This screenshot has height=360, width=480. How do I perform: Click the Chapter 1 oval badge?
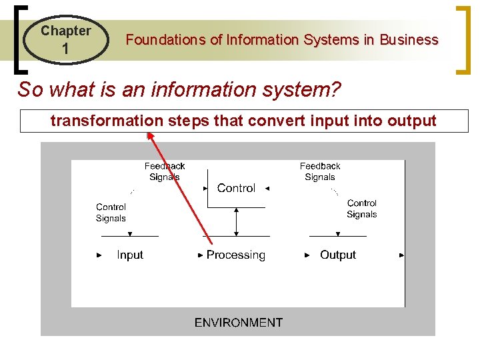point(65,39)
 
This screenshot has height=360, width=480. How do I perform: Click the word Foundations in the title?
point(165,40)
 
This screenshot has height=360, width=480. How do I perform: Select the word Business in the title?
point(409,40)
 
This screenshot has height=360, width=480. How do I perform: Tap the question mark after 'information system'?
point(335,89)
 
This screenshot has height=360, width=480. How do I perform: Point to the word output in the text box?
point(413,121)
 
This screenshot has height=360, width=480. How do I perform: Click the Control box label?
point(236,188)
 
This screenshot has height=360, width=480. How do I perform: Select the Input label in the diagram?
point(129,255)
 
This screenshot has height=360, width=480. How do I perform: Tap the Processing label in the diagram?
point(235,255)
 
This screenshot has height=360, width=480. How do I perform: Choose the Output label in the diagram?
point(337,255)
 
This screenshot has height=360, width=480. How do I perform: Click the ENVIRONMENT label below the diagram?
point(238,323)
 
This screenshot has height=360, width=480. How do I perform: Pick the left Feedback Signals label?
point(165,171)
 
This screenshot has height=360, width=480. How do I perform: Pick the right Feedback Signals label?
point(320,171)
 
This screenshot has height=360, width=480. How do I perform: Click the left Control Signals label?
point(111,213)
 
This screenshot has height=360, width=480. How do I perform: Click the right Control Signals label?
point(361,209)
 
